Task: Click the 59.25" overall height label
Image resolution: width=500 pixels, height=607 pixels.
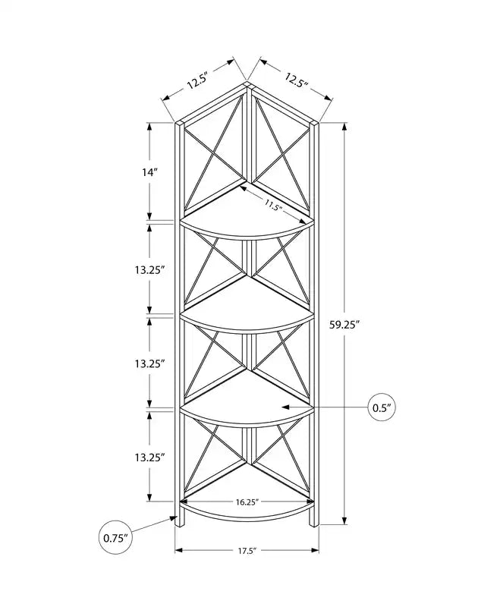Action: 344,325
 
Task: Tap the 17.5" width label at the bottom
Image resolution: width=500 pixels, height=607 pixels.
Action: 247,549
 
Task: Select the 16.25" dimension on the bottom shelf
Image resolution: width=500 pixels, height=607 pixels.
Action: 247,502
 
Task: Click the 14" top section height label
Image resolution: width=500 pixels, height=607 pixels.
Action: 149,172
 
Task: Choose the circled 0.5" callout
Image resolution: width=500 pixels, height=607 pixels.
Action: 382,407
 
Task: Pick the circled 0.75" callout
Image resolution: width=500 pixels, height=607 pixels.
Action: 115,538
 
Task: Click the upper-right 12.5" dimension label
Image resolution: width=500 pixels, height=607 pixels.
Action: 296,81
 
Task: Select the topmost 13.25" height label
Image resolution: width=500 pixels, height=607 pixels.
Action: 150,270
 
